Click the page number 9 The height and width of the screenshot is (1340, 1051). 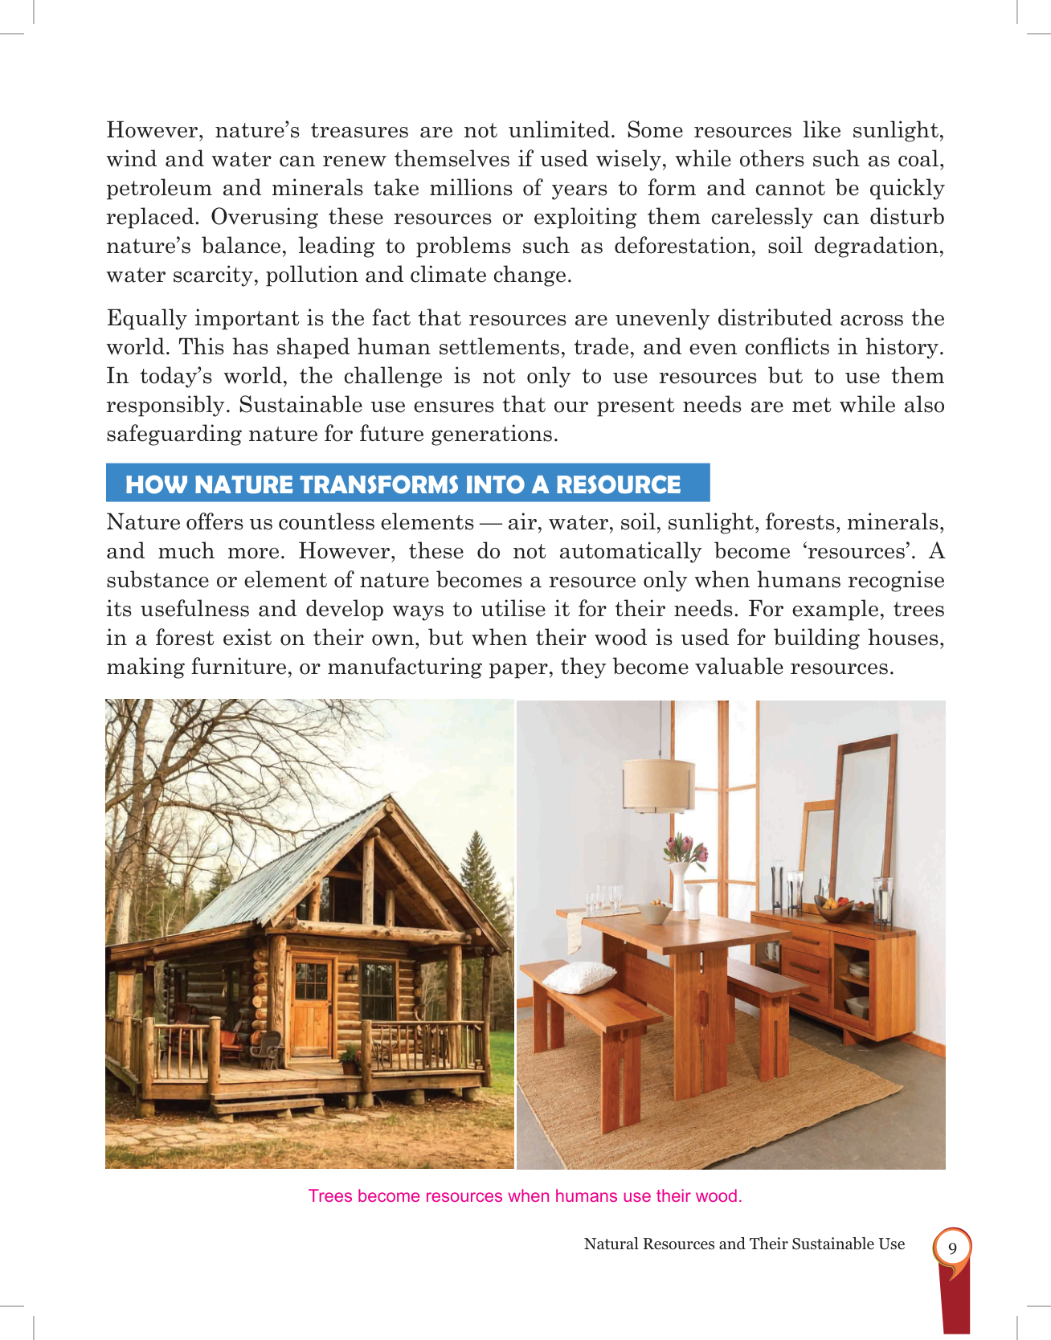pyautogui.click(x=952, y=1248)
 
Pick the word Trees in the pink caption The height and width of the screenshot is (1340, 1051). pyautogui.click(x=329, y=1195)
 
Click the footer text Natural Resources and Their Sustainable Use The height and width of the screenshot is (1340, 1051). pyautogui.click(x=743, y=1244)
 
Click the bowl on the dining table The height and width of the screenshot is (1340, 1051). pyautogui.click(x=654, y=913)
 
